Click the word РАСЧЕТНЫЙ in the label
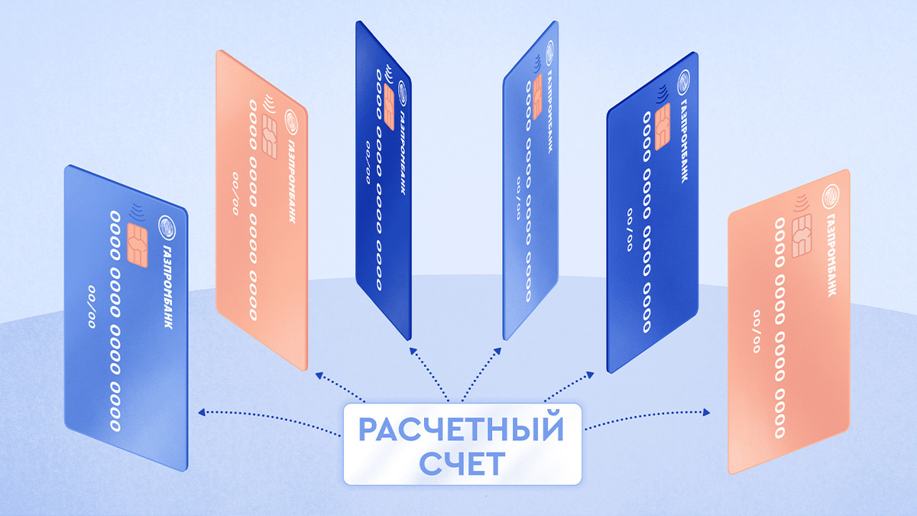(461, 429)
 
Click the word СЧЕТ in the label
(461, 462)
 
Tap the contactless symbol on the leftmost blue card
(138, 210)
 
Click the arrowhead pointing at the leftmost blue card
(201, 412)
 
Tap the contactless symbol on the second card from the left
(268, 101)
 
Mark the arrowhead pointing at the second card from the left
(319, 374)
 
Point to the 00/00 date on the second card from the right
(630, 229)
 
